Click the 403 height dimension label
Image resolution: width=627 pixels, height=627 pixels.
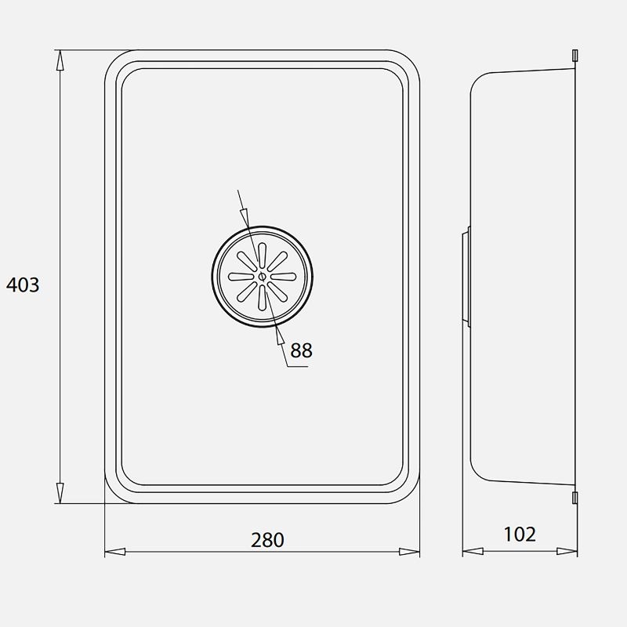(x=23, y=285)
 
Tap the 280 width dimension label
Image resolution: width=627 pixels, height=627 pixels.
(x=267, y=540)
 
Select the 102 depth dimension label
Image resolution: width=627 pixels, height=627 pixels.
(x=520, y=535)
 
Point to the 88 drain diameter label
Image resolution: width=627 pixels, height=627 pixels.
(x=301, y=350)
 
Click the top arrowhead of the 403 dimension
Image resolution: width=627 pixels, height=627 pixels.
(x=60, y=60)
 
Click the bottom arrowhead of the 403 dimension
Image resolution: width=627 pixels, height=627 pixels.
(x=60, y=493)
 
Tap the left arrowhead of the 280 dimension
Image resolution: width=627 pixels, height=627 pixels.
(x=115, y=552)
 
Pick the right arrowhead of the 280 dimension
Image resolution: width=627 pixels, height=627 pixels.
(x=409, y=552)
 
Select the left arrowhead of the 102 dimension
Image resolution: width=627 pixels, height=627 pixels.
(x=473, y=552)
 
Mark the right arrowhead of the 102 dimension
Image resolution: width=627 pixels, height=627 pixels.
(x=567, y=552)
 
